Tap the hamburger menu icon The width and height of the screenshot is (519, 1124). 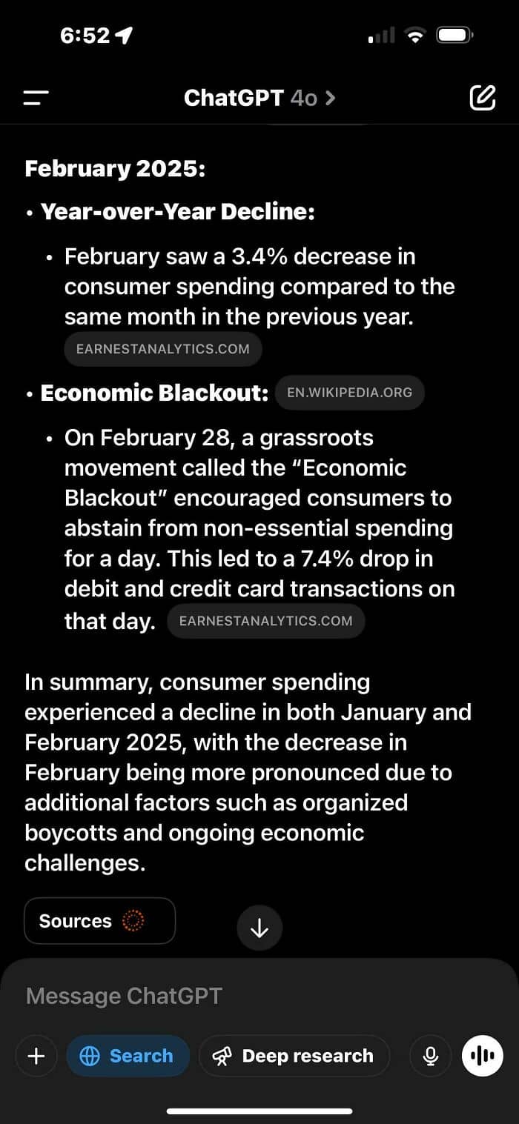36,98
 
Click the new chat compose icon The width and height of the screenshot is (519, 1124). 483,98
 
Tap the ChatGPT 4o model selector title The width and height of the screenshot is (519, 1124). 259,98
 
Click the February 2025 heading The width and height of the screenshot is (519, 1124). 115,168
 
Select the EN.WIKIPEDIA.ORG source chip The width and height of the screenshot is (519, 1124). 349,393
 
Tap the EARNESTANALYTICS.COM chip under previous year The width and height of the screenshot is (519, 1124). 163,349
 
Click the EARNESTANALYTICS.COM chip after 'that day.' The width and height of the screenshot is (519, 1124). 266,621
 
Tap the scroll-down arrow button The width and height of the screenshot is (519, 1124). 259,928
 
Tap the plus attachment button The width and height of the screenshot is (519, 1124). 36,1056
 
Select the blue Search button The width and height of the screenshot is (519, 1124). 128,1056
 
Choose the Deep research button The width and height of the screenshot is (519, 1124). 294,1056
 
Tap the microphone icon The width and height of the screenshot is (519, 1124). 430,1056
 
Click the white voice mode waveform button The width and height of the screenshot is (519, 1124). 483,1056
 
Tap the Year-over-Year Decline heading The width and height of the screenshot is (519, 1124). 178,212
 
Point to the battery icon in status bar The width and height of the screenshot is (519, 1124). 453,35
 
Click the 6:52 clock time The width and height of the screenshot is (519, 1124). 85,36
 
